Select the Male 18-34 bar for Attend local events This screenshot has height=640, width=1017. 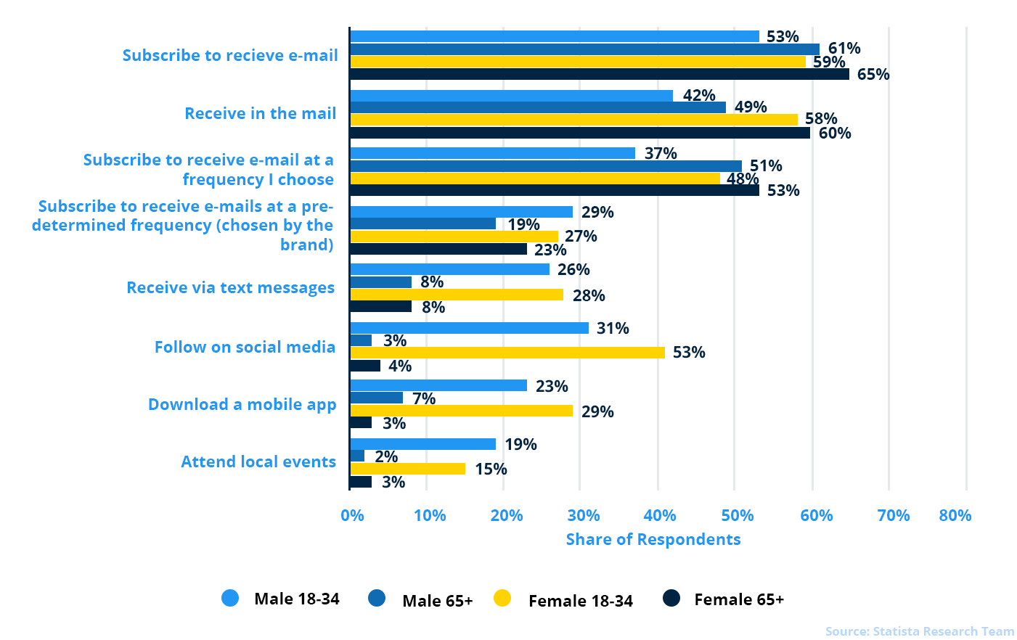tap(422, 444)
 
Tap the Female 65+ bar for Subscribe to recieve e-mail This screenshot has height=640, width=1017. tap(599, 74)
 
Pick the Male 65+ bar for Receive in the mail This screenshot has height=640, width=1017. tap(537, 107)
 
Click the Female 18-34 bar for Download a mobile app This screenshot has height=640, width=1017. tap(461, 411)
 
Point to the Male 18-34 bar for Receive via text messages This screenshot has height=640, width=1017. tap(449, 269)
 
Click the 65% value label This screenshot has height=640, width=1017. tap(873, 74)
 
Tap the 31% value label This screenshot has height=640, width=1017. tap(613, 328)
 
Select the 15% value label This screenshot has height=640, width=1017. tap(491, 469)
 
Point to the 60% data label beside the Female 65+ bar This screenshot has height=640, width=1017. tap(835, 133)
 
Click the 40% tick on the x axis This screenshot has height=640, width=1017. tap(660, 515)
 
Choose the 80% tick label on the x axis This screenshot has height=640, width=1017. tap(955, 515)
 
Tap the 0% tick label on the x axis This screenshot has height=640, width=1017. tap(352, 515)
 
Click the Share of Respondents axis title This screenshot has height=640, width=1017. tap(653, 539)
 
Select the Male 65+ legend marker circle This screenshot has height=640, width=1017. tap(377, 599)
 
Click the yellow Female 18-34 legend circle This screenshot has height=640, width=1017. tap(502, 599)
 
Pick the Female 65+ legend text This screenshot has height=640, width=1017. tap(739, 599)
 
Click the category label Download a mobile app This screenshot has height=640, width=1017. tap(242, 404)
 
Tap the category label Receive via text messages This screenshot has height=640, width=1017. tap(230, 287)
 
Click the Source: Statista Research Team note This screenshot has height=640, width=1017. tap(919, 631)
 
